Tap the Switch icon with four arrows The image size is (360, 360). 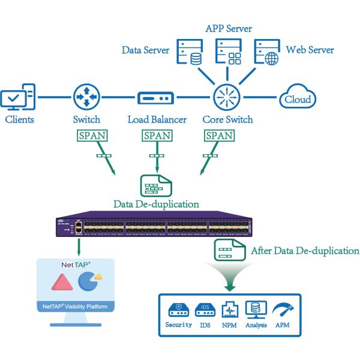click(86, 97)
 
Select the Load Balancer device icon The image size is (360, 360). click(155, 97)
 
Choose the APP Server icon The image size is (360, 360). click(228, 52)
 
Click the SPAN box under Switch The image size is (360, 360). click(92, 136)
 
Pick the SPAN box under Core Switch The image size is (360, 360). click(218, 136)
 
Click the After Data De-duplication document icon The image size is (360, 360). click(230, 250)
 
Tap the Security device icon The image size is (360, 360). click(178, 308)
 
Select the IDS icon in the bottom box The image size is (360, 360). click(205, 308)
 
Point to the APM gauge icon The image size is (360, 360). click(281, 310)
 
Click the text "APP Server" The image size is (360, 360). click(229, 28)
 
